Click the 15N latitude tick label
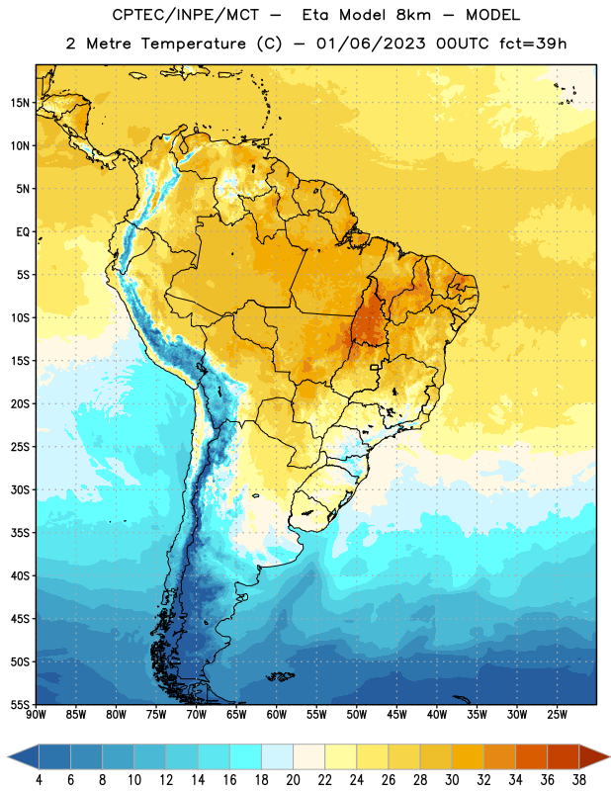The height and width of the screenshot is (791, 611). tap(20, 103)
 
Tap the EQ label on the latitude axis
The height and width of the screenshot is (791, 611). tap(23, 232)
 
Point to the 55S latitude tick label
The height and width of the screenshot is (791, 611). tap(20, 704)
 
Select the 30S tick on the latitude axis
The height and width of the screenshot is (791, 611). tap(20, 489)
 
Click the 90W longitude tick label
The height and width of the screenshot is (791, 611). tap(36, 714)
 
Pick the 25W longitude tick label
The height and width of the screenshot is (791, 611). tap(557, 714)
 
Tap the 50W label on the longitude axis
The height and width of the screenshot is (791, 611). tap(357, 714)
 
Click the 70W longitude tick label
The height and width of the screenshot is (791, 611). tap(197, 714)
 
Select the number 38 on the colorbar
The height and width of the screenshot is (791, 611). tap(579, 780)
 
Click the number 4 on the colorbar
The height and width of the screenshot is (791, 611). tap(39, 780)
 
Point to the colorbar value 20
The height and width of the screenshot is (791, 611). tap(293, 780)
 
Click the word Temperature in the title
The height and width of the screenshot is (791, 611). tap(193, 44)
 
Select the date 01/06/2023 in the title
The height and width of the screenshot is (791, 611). tap(371, 44)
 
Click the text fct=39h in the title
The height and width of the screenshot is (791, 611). tap(533, 44)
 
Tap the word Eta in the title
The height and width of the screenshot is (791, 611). tap(315, 15)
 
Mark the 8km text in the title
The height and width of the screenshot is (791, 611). tap(413, 15)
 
